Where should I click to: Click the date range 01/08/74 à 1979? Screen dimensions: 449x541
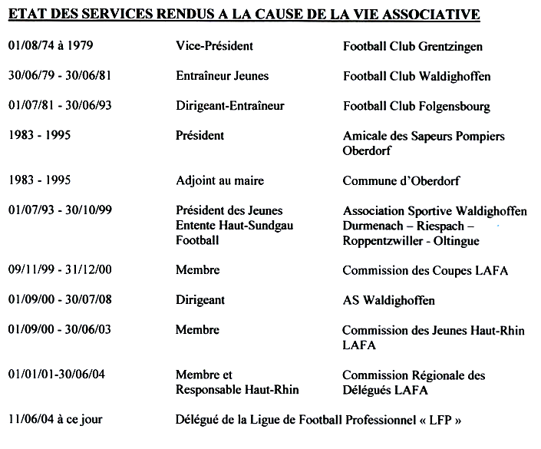[x=51, y=46]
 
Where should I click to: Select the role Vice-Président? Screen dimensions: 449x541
[x=214, y=46]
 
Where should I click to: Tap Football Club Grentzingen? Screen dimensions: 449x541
[x=413, y=47]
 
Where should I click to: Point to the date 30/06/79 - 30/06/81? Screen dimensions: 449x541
[x=60, y=76]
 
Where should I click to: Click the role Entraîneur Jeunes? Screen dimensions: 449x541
[x=222, y=76]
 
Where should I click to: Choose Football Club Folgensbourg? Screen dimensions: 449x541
[x=416, y=106]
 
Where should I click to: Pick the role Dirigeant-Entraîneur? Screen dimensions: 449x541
[x=229, y=106]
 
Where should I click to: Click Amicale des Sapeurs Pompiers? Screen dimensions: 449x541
[x=424, y=136]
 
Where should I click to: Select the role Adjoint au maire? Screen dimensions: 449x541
[x=219, y=180]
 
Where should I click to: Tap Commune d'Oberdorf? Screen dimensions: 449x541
[x=401, y=181]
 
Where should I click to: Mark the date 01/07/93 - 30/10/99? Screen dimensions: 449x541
[x=60, y=210]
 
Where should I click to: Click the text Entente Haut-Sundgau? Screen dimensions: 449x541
[x=234, y=226]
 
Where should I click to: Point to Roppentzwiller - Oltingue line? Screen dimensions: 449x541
[x=411, y=241]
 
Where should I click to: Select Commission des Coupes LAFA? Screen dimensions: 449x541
[x=425, y=270]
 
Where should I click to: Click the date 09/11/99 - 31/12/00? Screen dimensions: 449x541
[x=60, y=270]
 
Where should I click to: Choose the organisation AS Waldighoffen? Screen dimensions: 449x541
[x=388, y=300]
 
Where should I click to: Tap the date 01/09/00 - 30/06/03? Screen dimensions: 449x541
[x=60, y=330]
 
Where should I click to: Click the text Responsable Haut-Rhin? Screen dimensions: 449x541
[x=237, y=390]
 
